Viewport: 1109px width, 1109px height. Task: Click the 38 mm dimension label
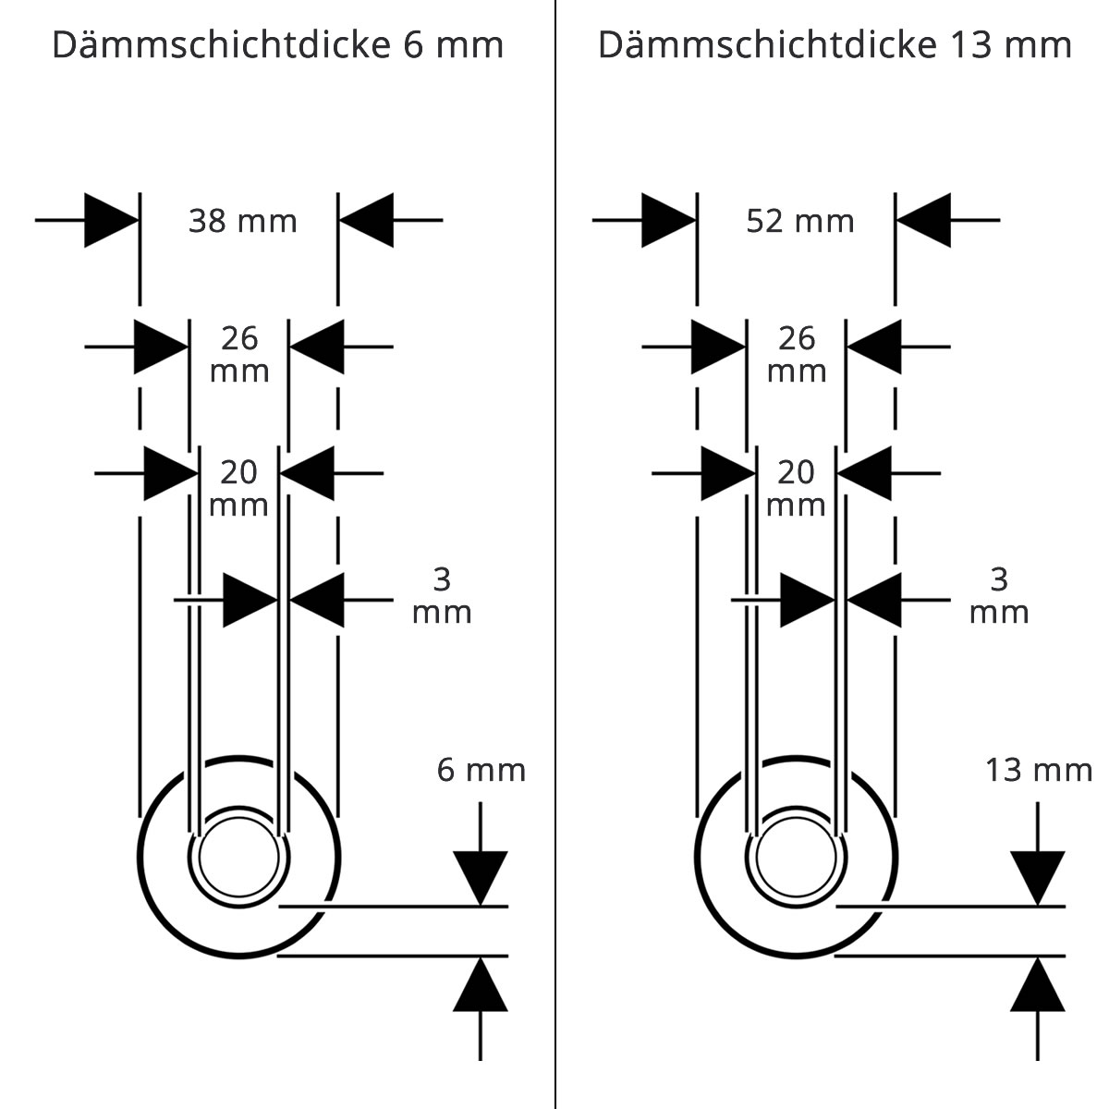click(x=243, y=221)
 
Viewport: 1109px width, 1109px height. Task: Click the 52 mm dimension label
click(x=800, y=221)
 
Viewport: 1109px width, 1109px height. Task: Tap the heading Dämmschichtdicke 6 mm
click(x=278, y=45)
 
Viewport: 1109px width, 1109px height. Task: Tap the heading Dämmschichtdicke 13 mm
click(x=835, y=45)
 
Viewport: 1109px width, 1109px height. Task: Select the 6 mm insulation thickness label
click(x=481, y=770)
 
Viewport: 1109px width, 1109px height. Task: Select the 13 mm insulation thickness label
click(x=1039, y=770)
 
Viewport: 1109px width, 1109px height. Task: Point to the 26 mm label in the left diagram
click(x=239, y=354)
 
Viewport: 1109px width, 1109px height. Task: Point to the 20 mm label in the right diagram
click(x=797, y=488)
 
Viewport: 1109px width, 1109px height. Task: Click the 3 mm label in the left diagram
click(x=442, y=595)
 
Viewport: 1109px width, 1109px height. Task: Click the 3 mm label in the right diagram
click(x=999, y=595)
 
